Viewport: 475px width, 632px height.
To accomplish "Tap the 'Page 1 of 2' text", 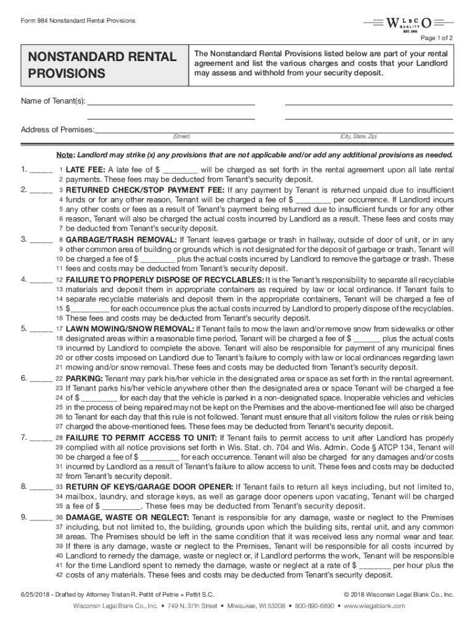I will pos(437,38).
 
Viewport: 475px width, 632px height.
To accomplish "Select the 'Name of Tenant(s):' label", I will pos(53,101).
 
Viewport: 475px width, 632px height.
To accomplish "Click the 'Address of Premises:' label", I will pos(57,129).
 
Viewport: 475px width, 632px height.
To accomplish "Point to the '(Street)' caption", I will pos(181,136).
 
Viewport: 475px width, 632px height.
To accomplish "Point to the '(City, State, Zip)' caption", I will pos(358,136).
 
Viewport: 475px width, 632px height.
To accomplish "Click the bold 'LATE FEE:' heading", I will pos(86,170).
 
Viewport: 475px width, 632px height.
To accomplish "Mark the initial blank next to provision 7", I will pos(41,438).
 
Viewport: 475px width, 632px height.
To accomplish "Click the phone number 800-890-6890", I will pos(313,606).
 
